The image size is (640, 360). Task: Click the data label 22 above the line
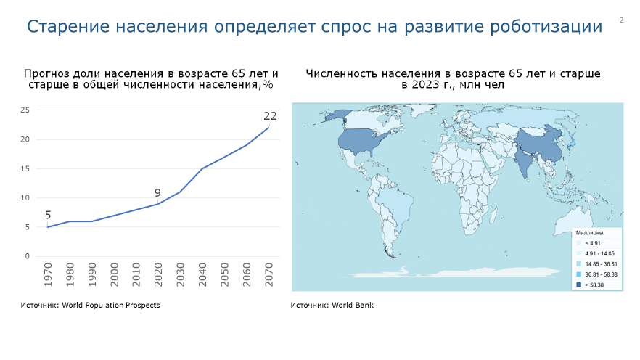pos(270,116)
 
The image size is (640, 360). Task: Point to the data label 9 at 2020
pos(157,192)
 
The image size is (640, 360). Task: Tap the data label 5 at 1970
pos(48,215)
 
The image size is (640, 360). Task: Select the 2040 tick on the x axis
pos(202,274)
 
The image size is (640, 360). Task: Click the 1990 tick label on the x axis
pos(92,274)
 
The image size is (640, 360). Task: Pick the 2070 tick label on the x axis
pos(268,274)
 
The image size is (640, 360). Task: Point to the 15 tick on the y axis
pos(25,168)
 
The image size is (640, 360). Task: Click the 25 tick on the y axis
pos(25,110)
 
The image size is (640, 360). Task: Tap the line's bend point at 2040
pos(202,168)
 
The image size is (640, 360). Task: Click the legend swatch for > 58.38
pos(579,285)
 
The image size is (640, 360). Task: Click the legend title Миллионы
pos(589,233)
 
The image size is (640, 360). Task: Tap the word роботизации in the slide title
pos(546,27)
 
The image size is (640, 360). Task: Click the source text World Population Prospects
pos(110,306)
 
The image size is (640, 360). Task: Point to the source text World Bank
pos(353,306)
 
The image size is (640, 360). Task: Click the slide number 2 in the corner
pos(622,20)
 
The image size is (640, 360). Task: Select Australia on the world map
pos(575,221)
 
